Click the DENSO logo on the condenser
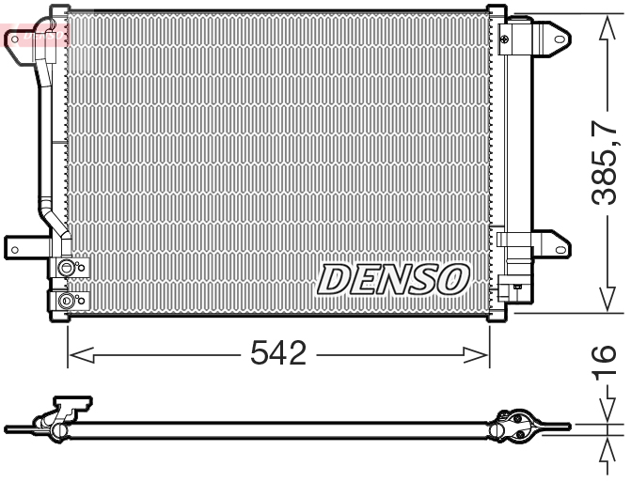(x=392, y=278)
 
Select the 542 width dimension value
(x=278, y=354)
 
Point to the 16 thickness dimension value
(x=607, y=365)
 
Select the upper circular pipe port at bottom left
(x=66, y=270)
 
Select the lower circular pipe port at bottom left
(x=66, y=301)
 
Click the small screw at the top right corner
(x=505, y=38)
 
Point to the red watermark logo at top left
(x=36, y=36)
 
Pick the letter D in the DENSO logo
(x=334, y=278)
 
